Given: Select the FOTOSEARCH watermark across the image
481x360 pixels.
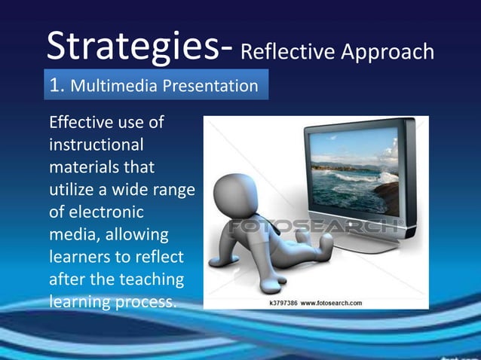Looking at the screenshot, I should click(x=316, y=227).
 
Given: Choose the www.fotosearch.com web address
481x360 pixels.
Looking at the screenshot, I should click(x=332, y=303).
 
